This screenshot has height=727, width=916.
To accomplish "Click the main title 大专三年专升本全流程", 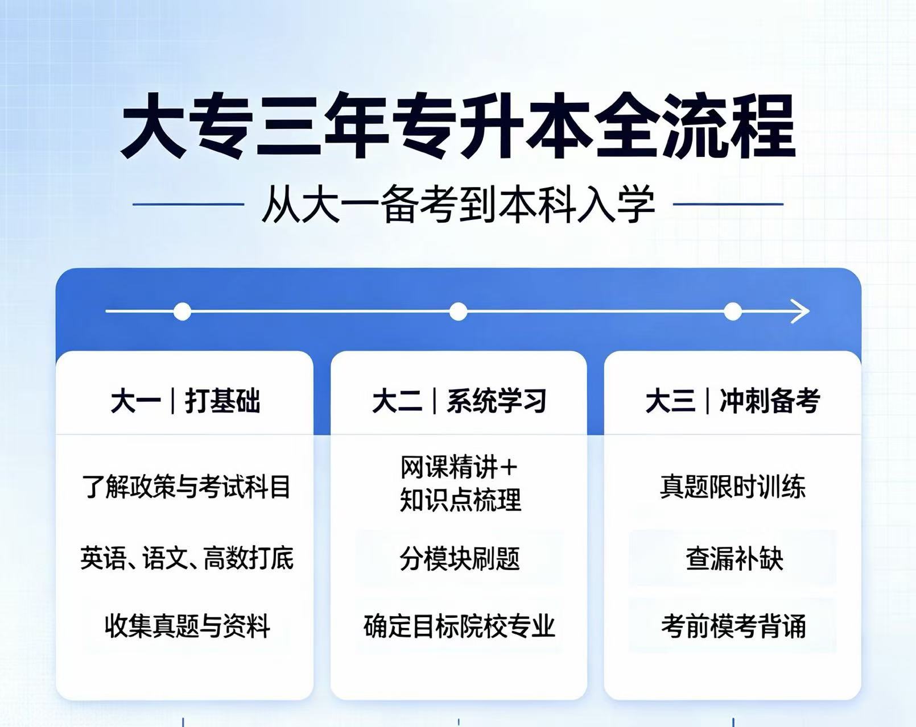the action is pos(459,126).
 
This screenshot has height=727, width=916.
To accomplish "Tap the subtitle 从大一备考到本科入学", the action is pos(458,204).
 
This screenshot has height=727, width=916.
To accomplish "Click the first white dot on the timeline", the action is pos(182,311).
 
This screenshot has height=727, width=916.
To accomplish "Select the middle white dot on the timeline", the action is pos(458,311).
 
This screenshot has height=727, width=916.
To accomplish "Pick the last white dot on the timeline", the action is pos(733,311).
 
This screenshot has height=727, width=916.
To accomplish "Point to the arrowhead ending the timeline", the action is pos(801,311).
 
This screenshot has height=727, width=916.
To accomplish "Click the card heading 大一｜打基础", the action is pos(185,401).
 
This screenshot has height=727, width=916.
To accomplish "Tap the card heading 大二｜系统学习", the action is pos(459,401).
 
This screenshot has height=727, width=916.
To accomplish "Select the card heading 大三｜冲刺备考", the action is pos(733,401).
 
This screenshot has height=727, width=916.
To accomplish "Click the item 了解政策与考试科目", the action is pos(185,487).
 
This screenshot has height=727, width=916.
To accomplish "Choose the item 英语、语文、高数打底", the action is pos(187,558).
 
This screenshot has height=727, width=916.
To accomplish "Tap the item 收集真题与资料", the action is pos(187,626).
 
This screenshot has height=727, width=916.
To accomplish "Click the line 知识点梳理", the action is pos(460,500).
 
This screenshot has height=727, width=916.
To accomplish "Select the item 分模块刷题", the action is pos(460,558).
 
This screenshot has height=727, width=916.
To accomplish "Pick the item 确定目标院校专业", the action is pos(459,626).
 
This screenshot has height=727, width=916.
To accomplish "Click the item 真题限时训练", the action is pos(733,487).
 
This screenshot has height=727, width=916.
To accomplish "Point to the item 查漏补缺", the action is pos(735,558).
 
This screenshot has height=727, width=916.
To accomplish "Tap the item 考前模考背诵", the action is pos(733,626).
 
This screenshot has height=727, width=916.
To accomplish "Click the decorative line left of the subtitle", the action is pos(188,204).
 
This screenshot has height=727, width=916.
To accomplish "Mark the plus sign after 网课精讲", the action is pos(507,467).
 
